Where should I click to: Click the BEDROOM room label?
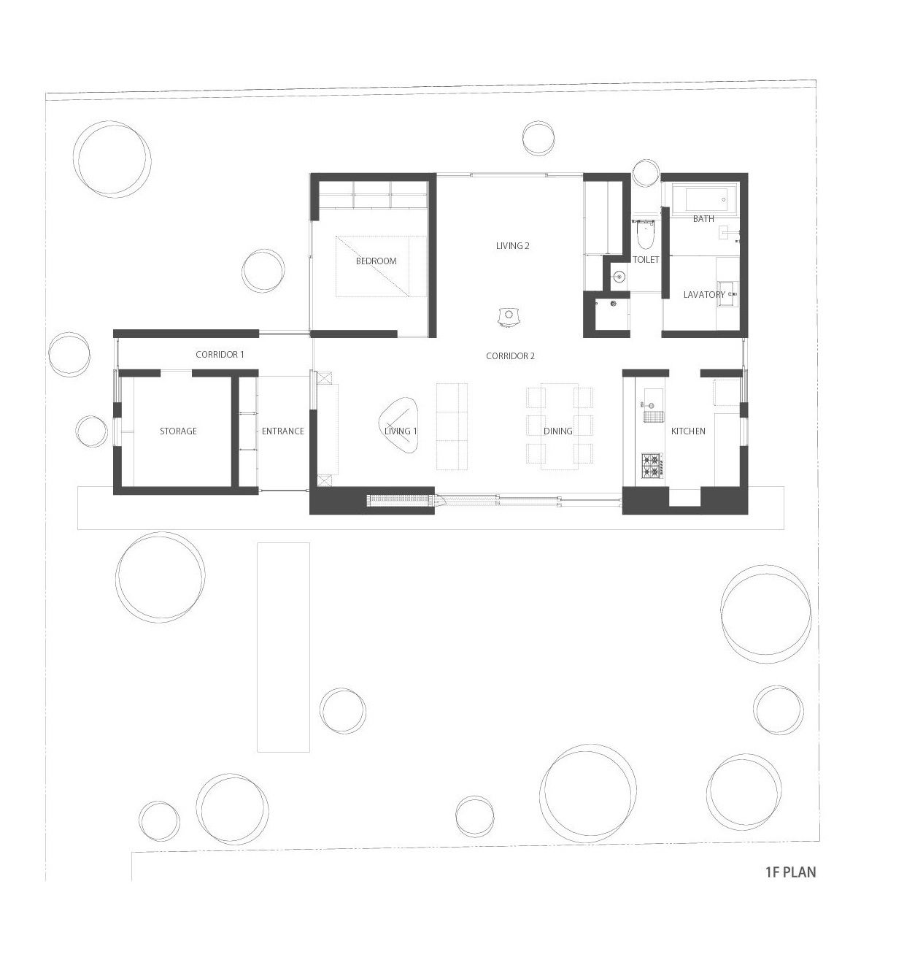[x=376, y=261]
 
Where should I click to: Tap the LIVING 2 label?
[x=512, y=245]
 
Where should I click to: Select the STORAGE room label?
[x=177, y=431]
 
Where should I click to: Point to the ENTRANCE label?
[x=282, y=431]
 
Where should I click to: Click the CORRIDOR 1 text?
[x=220, y=354]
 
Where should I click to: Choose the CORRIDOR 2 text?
[x=509, y=356]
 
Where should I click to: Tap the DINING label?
[x=557, y=431]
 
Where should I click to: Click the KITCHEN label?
[x=688, y=431]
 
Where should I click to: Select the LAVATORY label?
[x=703, y=294]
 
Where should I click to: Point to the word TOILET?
[x=645, y=259]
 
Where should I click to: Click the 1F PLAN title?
[x=790, y=872]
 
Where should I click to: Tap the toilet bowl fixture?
[x=644, y=234]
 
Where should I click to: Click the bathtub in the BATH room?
[x=706, y=199]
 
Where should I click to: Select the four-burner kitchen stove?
[x=652, y=465]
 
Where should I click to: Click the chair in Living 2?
[x=508, y=316]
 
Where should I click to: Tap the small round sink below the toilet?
[x=618, y=277]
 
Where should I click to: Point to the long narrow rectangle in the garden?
[x=283, y=646]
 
